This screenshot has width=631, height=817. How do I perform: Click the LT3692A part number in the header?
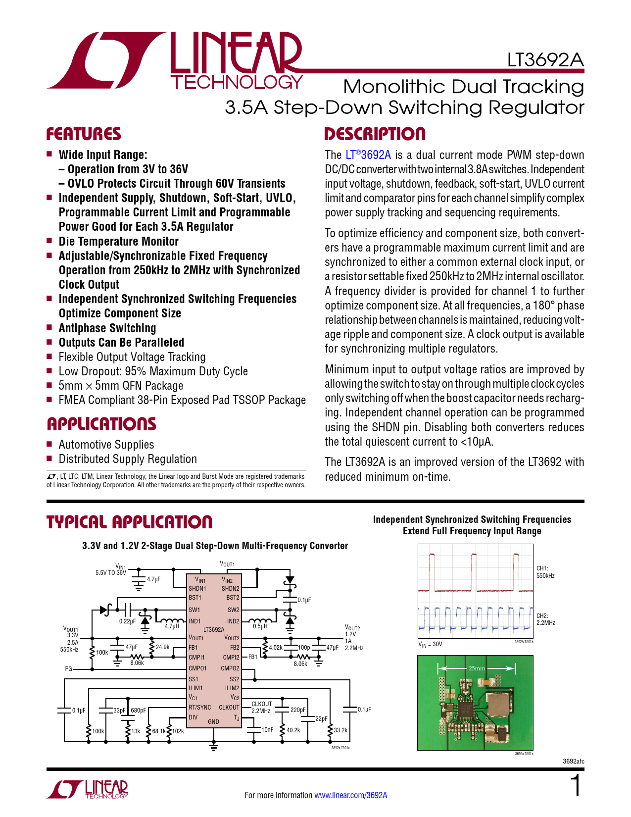(x=545, y=60)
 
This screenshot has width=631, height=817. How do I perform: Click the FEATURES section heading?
(x=84, y=134)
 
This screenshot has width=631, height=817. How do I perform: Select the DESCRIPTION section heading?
(x=375, y=134)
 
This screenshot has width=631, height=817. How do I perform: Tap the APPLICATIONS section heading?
(x=101, y=424)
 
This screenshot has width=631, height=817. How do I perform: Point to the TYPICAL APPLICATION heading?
(x=129, y=522)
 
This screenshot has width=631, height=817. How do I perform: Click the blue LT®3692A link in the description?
(x=368, y=155)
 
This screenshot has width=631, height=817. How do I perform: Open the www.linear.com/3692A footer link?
(x=351, y=795)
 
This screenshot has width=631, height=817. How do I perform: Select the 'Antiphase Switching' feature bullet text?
(x=107, y=328)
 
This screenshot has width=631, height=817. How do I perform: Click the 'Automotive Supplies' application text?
(x=106, y=445)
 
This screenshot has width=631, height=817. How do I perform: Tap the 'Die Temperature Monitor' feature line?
(x=119, y=242)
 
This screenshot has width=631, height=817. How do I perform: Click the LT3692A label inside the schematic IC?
(x=214, y=630)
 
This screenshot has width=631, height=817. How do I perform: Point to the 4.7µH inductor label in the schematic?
(x=172, y=626)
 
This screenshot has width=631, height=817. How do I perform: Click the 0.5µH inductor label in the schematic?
(x=260, y=626)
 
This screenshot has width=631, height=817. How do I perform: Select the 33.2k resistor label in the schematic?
(x=340, y=730)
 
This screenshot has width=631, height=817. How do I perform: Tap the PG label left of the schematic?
(x=68, y=669)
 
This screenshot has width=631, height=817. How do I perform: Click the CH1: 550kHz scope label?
(x=545, y=572)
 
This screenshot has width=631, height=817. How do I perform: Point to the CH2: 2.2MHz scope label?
(x=545, y=619)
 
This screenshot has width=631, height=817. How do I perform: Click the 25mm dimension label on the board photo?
(x=477, y=668)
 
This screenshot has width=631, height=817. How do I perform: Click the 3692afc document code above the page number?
(x=573, y=762)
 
